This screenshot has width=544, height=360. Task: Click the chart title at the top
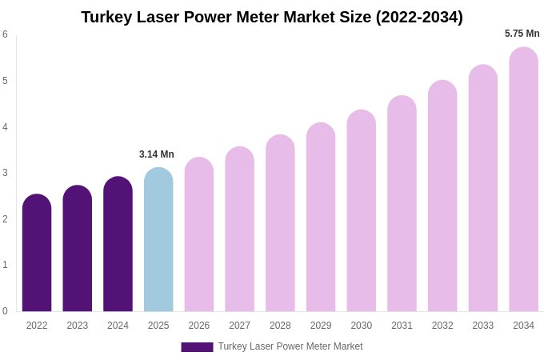pos(272,17)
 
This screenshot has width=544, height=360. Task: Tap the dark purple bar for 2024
pos(118,244)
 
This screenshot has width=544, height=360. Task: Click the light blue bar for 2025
pos(158,239)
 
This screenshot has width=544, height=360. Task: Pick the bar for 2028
pos(280,223)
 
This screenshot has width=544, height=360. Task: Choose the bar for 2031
pos(402,203)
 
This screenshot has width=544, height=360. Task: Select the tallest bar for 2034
pos(523,179)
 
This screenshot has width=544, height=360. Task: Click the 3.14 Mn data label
pos(157,154)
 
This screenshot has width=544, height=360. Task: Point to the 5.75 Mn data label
pos(522,34)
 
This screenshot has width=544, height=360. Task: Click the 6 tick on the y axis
pos(5,34)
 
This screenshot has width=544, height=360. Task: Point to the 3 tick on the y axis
pos(5,173)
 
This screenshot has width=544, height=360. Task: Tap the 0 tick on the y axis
pos(5,311)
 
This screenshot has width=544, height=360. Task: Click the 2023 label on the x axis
pos(78,326)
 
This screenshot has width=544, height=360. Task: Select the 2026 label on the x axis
pos(199,326)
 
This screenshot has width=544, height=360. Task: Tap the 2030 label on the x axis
pos(361,326)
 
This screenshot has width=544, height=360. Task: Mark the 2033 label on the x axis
pos(482,326)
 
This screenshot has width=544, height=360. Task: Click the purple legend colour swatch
pos(197,347)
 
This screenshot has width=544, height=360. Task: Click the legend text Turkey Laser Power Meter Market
pos(290,346)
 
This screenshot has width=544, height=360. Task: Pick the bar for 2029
pos(321,217)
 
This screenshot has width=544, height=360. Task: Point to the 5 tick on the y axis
pos(5,81)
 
